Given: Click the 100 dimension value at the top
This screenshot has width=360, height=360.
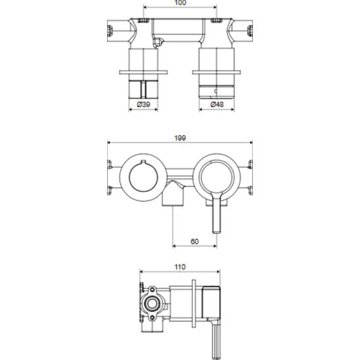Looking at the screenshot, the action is [181, 3].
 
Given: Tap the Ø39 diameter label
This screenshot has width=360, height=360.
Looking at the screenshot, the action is [143, 104].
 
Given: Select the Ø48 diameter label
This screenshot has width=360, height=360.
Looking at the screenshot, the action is [217, 104].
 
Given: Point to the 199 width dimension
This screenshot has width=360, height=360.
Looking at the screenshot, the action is [180, 138].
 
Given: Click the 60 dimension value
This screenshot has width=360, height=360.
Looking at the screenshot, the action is [194, 242].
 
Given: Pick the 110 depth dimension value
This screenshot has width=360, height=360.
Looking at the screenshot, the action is [180, 267].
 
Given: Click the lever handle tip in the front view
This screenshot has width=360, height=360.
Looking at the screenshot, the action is [217, 232].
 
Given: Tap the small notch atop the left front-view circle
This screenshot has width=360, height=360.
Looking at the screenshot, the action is [143, 162].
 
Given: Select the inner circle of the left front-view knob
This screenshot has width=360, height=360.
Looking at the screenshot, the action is [143, 177].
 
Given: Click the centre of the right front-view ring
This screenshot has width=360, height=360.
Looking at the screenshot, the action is [217, 177].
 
